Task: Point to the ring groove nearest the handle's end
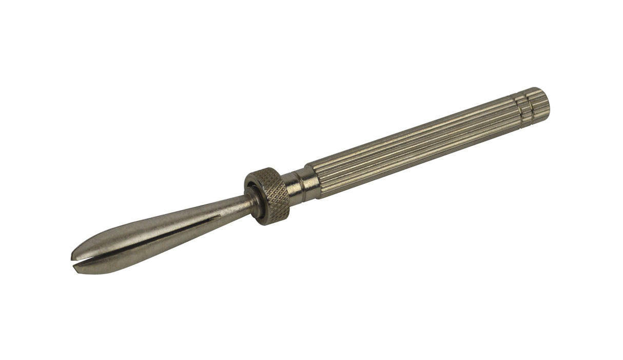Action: pyautogui.click(x=528, y=103)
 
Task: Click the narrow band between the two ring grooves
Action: pyautogui.click(x=523, y=104)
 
